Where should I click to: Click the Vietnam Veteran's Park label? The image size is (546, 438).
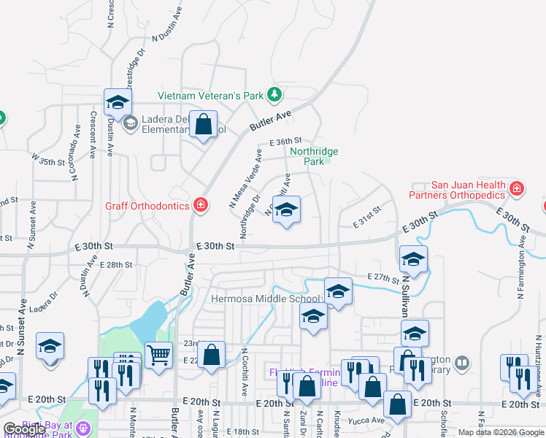(x=211, y=95)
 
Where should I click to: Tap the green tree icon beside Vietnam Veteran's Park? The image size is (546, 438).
(x=274, y=94)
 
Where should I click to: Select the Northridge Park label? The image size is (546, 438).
(x=314, y=156)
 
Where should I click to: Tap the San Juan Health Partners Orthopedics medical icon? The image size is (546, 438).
(x=517, y=190)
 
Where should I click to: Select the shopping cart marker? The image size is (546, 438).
(x=158, y=356)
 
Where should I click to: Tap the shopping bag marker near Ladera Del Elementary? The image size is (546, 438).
(x=204, y=124)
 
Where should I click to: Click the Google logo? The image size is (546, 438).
(x=24, y=429)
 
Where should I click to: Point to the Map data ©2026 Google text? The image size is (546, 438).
(x=500, y=432)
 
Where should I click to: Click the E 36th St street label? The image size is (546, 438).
(x=285, y=141)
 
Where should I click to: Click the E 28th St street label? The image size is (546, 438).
(x=116, y=265)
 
